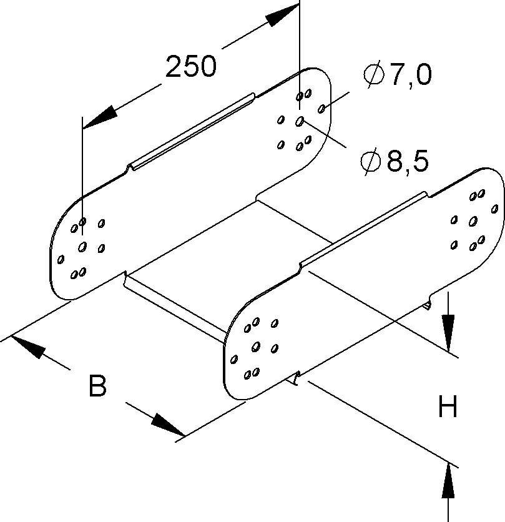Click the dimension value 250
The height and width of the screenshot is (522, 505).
(x=190, y=67)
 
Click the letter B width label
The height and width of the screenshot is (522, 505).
(x=97, y=387)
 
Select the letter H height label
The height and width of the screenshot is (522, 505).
(x=448, y=408)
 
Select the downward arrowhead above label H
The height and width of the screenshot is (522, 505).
(x=448, y=328)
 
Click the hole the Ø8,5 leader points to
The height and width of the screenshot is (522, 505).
(x=300, y=120)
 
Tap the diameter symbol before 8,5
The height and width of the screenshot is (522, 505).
(x=371, y=162)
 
